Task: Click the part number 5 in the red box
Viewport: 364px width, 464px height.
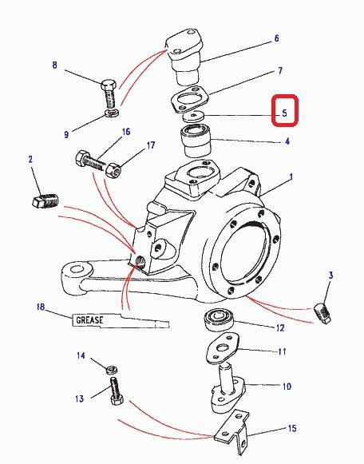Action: point(284,113)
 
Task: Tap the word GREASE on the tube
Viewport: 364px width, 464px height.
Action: point(90,320)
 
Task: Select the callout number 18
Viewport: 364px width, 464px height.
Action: point(41,307)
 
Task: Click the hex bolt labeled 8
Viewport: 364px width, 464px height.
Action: point(109,93)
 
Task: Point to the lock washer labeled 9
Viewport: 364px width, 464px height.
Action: point(112,113)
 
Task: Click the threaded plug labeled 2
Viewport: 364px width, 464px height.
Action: point(45,200)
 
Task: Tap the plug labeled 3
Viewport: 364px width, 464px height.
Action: point(322,313)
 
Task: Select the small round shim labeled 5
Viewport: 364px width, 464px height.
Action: point(193,116)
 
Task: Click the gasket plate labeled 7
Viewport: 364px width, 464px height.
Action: point(190,99)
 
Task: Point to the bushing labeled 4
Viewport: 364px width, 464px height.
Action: point(196,141)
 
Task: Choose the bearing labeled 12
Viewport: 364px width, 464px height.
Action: point(218,319)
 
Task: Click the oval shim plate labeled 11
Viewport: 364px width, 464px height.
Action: point(223,348)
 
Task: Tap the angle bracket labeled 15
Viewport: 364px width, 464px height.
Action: point(233,431)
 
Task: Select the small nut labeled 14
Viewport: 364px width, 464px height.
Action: point(112,369)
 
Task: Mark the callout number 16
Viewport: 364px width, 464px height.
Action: point(126,132)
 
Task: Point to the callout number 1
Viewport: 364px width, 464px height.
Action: point(291,177)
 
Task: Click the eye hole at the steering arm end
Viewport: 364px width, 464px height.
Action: point(77,270)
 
